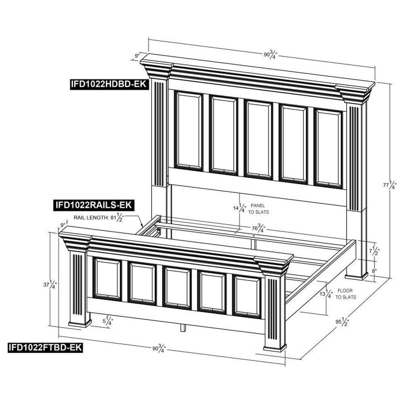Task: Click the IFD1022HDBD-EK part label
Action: [109, 84]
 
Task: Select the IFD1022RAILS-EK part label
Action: [94, 205]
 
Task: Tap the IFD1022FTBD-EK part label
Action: [45, 347]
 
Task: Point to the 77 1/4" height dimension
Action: [389, 185]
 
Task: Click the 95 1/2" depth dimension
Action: [342, 322]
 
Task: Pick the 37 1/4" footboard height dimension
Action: [50, 285]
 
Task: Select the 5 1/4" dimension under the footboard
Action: [108, 321]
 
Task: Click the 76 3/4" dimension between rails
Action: [259, 228]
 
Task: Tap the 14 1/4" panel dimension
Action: [240, 208]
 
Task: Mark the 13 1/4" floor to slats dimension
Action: [326, 293]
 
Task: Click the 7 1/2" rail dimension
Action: [375, 250]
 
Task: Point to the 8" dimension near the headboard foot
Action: [374, 271]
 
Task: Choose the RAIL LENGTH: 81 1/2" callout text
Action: [99, 217]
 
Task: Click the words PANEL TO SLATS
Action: [259, 209]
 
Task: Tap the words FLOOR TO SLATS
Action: [345, 294]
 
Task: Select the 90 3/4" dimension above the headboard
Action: [270, 55]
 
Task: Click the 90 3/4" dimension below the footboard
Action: [159, 348]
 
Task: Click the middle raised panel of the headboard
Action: [258, 139]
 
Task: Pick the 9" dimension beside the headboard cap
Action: [137, 55]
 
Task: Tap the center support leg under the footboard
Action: [183, 328]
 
